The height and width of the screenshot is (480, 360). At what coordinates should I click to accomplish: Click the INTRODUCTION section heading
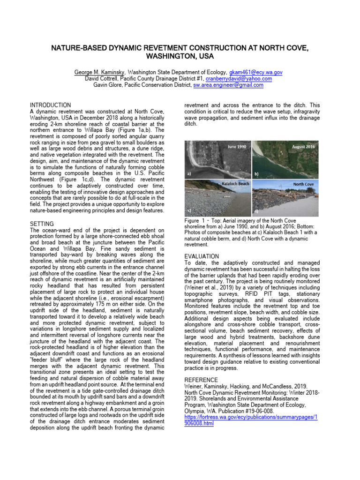[x=51, y=105]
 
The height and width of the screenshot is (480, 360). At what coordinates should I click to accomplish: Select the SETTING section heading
[x=42, y=224]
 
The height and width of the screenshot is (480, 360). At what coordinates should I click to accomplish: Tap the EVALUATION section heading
[x=201, y=256]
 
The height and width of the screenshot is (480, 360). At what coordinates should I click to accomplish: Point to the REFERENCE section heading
[x=201, y=380]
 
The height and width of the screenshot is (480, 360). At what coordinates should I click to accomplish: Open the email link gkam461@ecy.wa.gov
[x=255, y=73]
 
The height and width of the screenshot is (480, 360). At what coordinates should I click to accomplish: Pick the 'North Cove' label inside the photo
[x=303, y=184]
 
